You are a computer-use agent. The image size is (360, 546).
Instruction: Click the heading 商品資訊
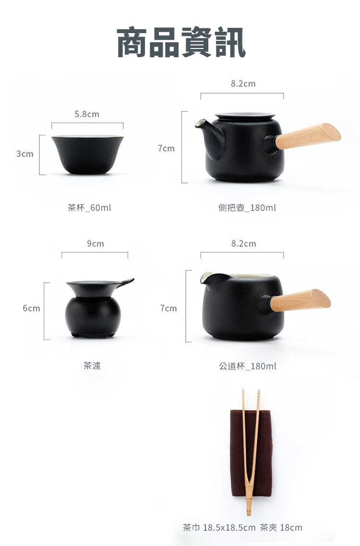coord(181,42)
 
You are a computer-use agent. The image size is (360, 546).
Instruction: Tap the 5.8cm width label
coord(87,114)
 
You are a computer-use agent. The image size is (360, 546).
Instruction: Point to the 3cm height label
coord(24,154)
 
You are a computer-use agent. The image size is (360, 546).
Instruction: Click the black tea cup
coord(87,155)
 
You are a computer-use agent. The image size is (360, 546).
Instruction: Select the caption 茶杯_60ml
coord(89,208)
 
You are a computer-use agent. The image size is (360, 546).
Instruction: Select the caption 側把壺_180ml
coord(247,208)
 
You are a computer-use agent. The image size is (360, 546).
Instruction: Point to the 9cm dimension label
coord(96,244)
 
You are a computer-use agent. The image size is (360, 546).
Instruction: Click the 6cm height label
coord(31,308)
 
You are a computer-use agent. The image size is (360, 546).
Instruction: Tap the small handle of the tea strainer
coord(125,282)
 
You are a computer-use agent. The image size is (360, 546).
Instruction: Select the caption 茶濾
coord(92,365)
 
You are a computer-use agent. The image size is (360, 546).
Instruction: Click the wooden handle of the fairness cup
coord(300,301)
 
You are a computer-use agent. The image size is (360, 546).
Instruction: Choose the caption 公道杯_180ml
coord(248,366)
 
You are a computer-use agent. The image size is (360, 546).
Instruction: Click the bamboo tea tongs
coord(252,453)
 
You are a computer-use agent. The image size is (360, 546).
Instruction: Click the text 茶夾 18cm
coord(281,528)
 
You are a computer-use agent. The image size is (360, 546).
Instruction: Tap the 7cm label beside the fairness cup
coord(168,308)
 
